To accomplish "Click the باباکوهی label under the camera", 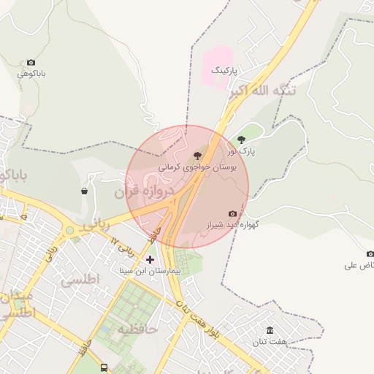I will point(32,74).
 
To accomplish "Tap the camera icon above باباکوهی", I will point(31,63).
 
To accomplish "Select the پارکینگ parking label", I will point(225,71).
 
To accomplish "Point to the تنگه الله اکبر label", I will point(262,92).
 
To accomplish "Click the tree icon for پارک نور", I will point(242,140).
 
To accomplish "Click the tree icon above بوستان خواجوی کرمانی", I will point(196,155).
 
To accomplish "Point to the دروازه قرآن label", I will point(143,193).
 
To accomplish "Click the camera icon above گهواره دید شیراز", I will point(232,213).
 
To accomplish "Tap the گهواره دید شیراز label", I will point(233,225).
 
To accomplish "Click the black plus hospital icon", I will point(150,259).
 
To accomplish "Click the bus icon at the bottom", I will point(104,367).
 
